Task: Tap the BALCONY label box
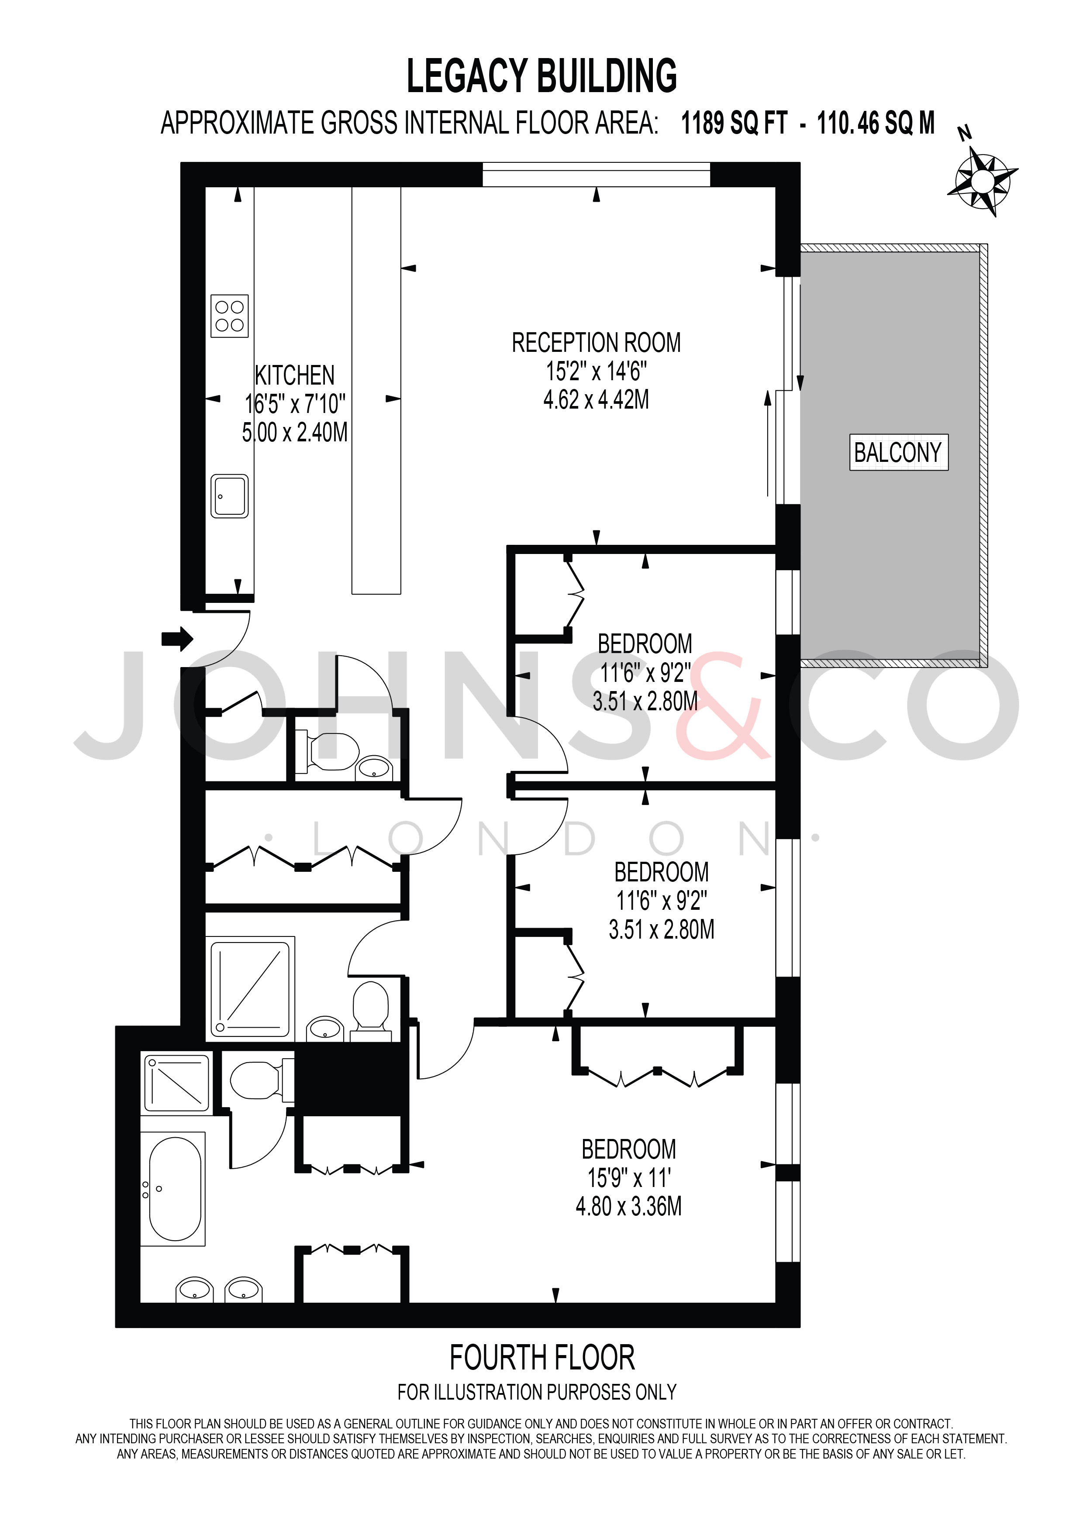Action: [x=898, y=453]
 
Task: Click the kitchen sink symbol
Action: [x=229, y=496]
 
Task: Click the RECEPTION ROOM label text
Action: [x=596, y=343]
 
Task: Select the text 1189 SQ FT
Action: [x=734, y=124]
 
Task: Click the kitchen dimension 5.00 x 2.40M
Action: [x=295, y=433]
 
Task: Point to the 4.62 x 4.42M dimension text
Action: [x=596, y=399]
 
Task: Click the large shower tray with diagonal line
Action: [x=250, y=989]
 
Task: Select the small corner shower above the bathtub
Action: [x=177, y=1082]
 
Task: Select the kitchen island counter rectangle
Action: [x=376, y=390]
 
